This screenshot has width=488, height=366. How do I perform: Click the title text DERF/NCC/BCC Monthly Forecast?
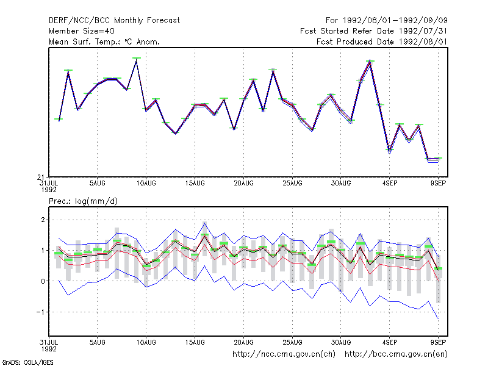[114, 21]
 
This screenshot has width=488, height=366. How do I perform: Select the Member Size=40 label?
[82, 31]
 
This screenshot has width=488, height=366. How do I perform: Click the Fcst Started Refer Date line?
[373, 31]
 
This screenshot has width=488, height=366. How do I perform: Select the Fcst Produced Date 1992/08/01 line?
[382, 41]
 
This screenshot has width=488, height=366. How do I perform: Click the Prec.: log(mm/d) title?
[83, 201]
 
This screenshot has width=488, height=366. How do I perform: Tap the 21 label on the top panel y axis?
[41, 178]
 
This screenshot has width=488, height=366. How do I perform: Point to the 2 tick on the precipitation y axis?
[43, 220]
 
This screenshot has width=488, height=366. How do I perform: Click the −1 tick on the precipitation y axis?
[40, 312]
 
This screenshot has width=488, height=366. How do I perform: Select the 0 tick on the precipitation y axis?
[43, 281]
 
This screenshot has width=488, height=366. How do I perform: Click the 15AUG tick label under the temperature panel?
[195, 184]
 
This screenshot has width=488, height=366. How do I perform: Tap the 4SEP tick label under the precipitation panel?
[390, 342]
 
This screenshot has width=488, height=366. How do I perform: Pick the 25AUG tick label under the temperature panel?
[292, 184]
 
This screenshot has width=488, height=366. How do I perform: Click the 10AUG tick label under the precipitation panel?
[146, 342]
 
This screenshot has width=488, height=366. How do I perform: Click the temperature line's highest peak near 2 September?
[370, 62]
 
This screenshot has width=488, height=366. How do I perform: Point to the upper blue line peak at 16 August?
[204, 222]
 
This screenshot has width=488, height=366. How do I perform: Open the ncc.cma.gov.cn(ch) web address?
[284, 354]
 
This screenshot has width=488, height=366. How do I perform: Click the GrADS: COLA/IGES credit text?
[27, 362]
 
